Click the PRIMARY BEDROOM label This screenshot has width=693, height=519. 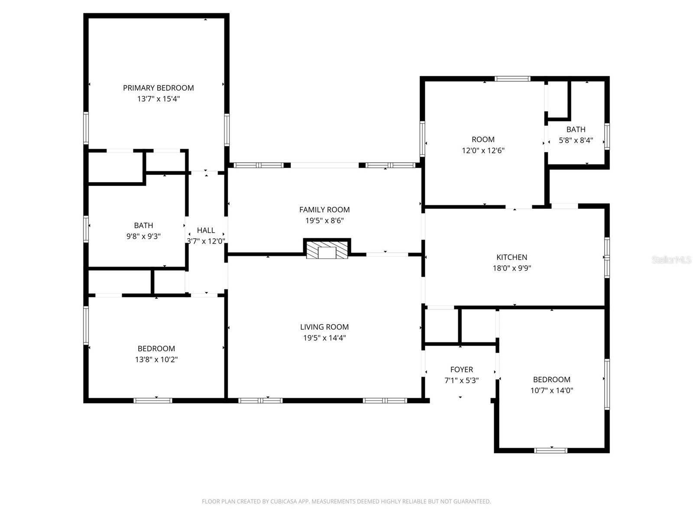pyautogui.click(x=158, y=88)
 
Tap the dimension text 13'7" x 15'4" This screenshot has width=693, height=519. pyautogui.click(x=158, y=99)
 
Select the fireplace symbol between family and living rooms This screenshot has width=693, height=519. pyautogui.click(x=327, y=250)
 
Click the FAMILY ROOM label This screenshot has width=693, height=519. pyautogui.click(x=324, y=210)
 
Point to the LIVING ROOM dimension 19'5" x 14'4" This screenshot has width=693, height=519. pyautogui.click(x=324, y=338)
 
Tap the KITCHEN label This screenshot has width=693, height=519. pyautogui.click(x=512, y=257)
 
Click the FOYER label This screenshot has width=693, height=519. pyautogui.click(x=461, y=369)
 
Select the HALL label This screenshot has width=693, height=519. pyautogui.click(x=206, y=231)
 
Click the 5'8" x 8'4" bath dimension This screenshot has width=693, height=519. pyautogui.click(x=576, y=140)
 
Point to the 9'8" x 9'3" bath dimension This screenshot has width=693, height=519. pyautogui.click(x=143, y=236)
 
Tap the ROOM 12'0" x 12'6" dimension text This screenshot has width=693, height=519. pyautogui.click(x=483, y=151)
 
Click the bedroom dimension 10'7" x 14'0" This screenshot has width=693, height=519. pyautogui.click(x=551, y=390)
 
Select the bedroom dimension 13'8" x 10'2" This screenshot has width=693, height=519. pyautogui.click(x=156, y=359)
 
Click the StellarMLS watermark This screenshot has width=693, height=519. pyautogui.click(x=671, y=260)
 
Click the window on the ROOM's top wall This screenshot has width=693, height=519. pyautogui.click(x=512, y=79)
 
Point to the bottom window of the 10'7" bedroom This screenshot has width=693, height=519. pyautogui.click(x=551, y=450)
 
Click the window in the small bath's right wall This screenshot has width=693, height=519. pyautogui.click(x=607, y=136)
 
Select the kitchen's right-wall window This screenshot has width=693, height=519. pyautogui.click(x=607, y=257)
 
